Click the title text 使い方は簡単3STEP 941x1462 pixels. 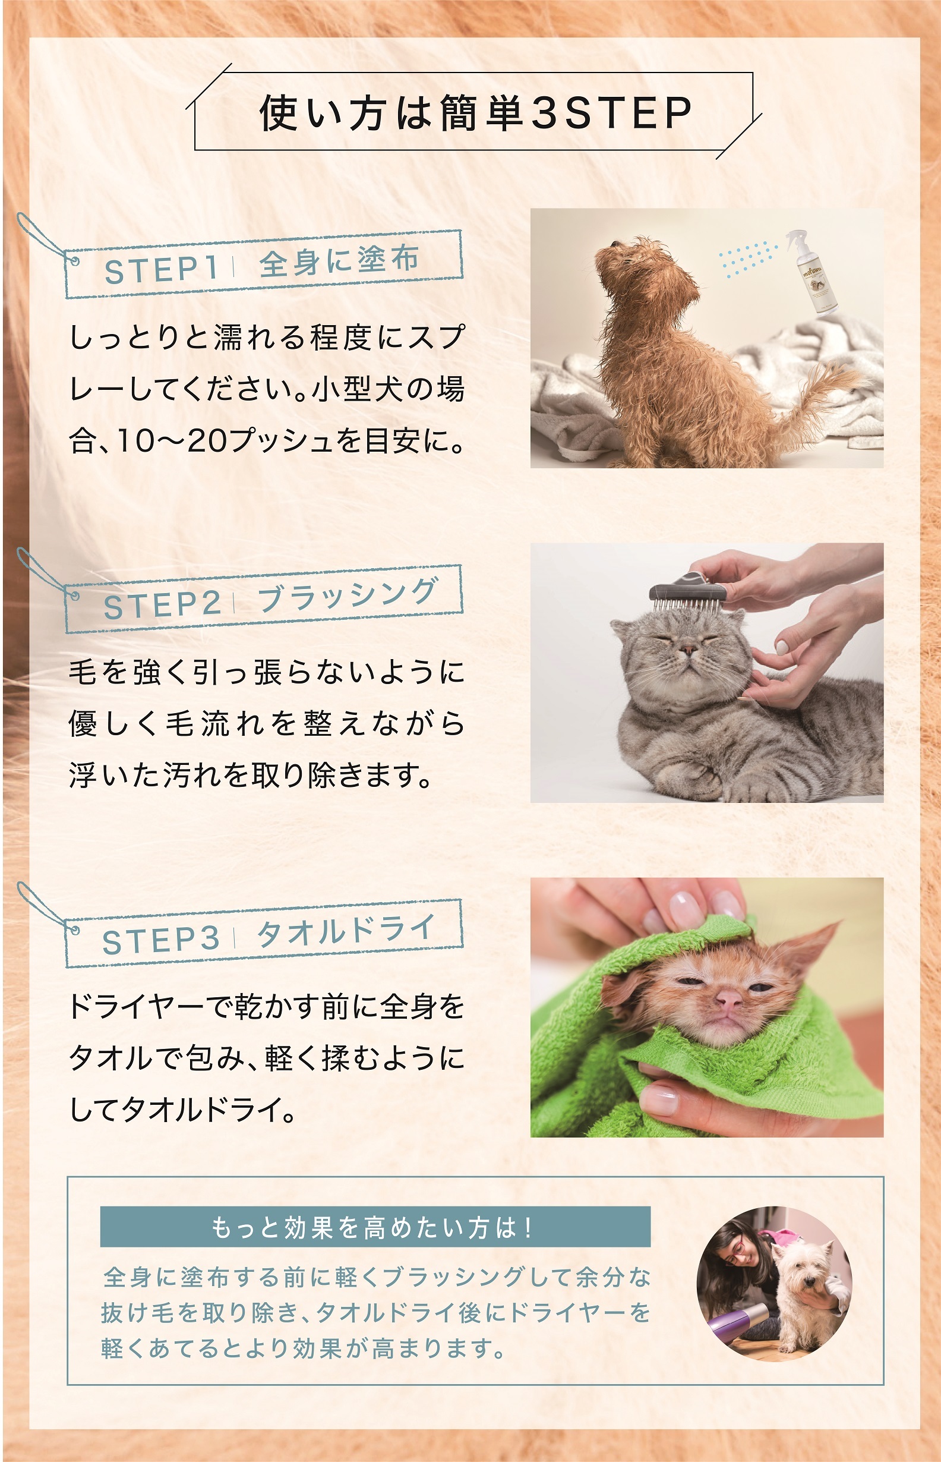[x=475, y=113]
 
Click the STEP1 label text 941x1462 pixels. [x=162, y=269]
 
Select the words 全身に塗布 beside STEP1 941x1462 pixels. [x=339, y=261]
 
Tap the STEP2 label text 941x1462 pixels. [x=162, y=604]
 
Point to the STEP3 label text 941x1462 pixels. [x=161, y=940]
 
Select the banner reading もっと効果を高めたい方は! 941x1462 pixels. [x=375, y=1227]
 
